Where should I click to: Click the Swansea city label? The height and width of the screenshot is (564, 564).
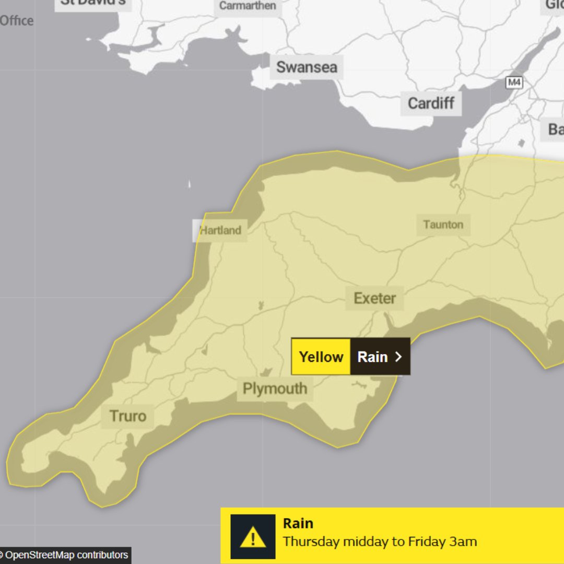click(307, 67)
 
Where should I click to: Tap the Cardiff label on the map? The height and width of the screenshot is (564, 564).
click(431, 103)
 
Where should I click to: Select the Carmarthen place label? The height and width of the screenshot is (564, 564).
click(248, 6)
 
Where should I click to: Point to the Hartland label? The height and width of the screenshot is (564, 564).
click(221, 230)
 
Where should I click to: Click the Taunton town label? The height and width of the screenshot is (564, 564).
click(443, 225)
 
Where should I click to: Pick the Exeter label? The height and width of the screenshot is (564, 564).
click(374, 298)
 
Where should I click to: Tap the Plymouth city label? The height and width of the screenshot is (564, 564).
click(275, 389)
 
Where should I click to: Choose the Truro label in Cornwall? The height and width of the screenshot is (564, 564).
click(128, 416)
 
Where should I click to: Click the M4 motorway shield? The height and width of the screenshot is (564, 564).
click(514, 83)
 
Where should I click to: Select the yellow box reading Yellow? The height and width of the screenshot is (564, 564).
click(321, 357)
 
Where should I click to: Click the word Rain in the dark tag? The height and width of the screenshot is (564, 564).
click(372, 357)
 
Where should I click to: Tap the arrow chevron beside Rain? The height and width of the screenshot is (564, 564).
click(398, 357)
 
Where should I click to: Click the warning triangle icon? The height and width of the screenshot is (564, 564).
click(253, 537)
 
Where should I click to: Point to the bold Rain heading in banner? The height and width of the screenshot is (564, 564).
click(298, 523)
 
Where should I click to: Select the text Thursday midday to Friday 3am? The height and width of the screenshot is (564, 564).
click(380, 542)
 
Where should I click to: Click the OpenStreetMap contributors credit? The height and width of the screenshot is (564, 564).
click(65, 555)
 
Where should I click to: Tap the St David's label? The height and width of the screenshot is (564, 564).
click(93, 3)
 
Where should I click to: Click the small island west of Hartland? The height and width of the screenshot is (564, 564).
click(189, 184)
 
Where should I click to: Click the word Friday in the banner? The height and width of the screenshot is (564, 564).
click(427, 542)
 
